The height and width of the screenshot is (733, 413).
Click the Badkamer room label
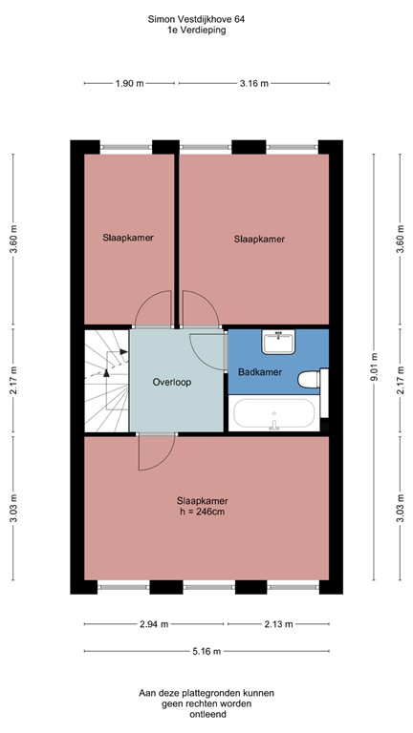pyautogui.click(x=260, y=372)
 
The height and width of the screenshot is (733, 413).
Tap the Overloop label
pyautogui.click(x=172, y=382)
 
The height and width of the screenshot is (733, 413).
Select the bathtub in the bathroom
pyautogui.click(x=273, y=414)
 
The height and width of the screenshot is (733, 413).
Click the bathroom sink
pyautogui.click(x=278, y=340)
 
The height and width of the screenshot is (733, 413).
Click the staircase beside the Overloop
pyautogui.click(x=106, y=380)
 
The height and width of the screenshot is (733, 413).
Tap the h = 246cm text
pyautogui.click(x=202, y=512)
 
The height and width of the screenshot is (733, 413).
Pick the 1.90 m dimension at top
pyautogui.click(x=129, y=84)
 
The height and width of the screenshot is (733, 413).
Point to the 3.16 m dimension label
pyautogui.click(x=253, y=84)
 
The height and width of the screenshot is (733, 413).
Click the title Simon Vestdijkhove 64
pyautogui.click(x=202, y=18)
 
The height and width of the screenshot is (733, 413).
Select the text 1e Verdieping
pyautogui.click(x=202, y=31)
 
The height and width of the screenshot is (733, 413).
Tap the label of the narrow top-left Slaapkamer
pyautogui.click(x=128, y=237)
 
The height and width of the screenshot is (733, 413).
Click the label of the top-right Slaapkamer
pyautogui.click(x=259, y=240)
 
